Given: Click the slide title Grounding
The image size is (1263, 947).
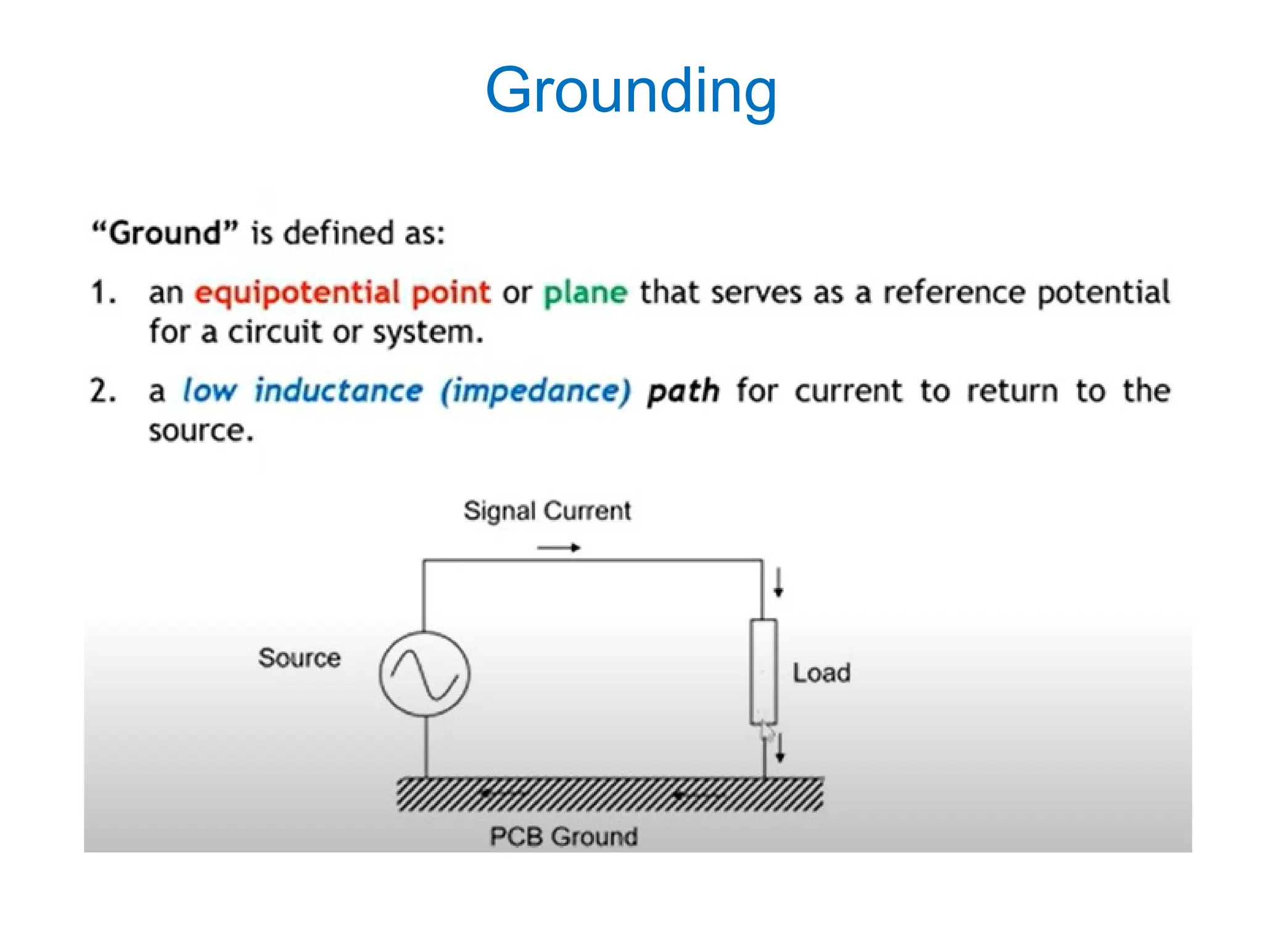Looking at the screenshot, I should coord(631,91).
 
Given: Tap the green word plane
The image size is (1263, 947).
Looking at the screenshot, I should coord(585,293).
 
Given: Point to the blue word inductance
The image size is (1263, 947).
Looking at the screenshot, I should coord(339,391).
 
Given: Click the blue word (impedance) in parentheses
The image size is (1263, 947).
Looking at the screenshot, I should coord(535,391).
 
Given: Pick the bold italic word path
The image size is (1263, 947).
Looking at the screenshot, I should coord(683,392).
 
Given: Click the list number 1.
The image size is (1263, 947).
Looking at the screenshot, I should coord(102,293).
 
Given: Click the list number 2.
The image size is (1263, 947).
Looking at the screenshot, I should coord(102,392).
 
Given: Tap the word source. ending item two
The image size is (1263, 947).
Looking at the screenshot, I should coord(201,430).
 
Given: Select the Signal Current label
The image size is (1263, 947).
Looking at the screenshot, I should coord(547,511).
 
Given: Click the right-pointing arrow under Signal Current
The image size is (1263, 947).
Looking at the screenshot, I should coord(559,547).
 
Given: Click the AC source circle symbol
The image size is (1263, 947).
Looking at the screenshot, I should coord(424,674).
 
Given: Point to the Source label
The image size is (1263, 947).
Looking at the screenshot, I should coord(299,658).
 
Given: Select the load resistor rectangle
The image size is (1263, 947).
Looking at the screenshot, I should coord(763,671).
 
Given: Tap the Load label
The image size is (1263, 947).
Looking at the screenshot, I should coord(821,673).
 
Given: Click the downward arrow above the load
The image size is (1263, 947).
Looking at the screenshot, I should coord(778,583).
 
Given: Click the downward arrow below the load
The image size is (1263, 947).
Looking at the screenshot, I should coord(780,748).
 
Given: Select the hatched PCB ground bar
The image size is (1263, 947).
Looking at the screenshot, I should coord(609,794).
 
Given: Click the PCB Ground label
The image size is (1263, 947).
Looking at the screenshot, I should coord(564,837).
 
